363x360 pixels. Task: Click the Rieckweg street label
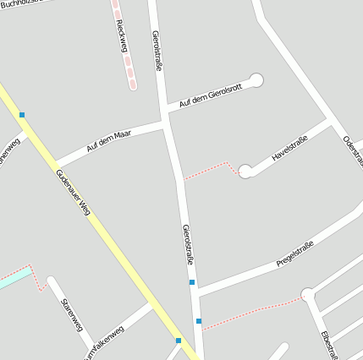pyautogui.click(x=121, y=36)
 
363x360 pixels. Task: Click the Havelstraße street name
pyautogui.click(x=289, y=148)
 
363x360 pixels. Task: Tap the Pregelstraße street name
pyautogui.click(x=295, y=254)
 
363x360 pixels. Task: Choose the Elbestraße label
pyautogui.click(x=330, y=343)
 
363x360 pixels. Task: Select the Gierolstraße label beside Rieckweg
pyautogui.click(x=157, y=51)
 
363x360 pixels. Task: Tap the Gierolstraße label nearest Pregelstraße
pyautogui.click(x=187, y=245)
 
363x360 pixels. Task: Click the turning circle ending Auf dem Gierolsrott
pyautogui.click(x=256, y=80)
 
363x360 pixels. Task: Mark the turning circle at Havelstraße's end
pyautogui.click(x=245, y=171)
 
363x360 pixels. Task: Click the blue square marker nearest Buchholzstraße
pyautogui.click(x=22, y=115)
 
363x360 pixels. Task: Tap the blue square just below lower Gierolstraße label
pyautogui.click(x=192, y=282)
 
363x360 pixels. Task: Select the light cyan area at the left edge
pyautogui.click(x=12, y=278)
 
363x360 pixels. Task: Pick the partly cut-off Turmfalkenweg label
pyautogui.click(x=105, y=343)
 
